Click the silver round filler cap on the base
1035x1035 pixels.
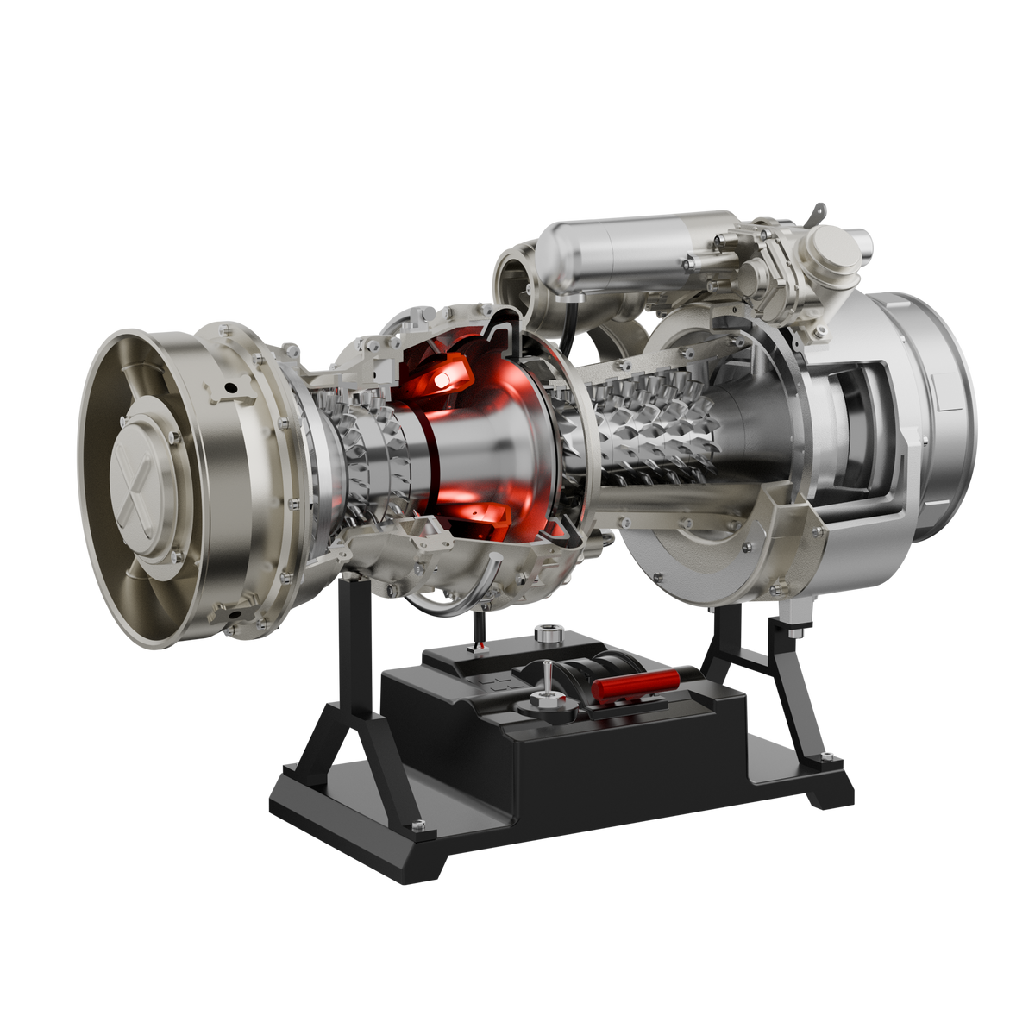547,634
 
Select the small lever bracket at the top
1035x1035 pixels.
817,210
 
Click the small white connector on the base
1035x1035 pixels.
477,647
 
